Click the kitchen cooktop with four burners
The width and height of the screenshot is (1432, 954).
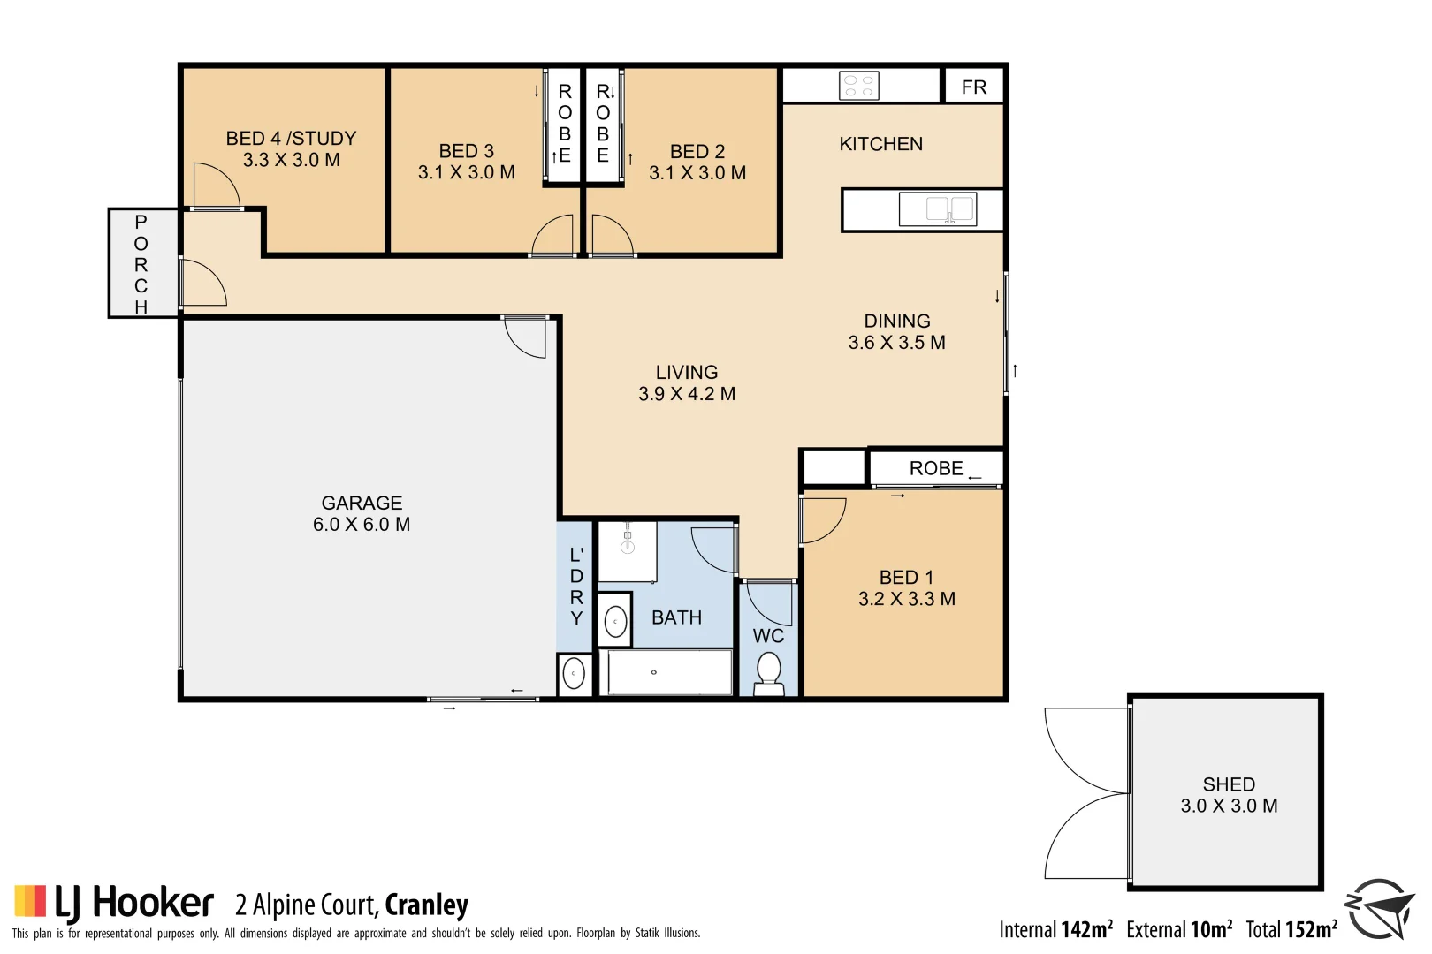point(858,86)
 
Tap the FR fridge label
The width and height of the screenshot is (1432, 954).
point(973,87)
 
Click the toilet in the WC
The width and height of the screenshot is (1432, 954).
point(769,673)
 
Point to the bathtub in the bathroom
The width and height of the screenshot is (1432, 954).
point(666,672)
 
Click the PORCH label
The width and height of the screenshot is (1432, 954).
point(141,263)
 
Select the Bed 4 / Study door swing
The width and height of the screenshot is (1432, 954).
point(215,186)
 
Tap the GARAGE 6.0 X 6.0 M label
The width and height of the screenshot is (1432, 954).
point(362,513)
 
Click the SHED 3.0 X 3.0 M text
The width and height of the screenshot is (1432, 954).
point(1229,795)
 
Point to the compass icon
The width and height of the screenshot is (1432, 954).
point(1379,908)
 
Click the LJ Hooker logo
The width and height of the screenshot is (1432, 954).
point(114,903)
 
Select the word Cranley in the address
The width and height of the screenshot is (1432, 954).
point(427,905)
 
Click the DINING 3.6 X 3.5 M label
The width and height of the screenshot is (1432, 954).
point(896,332)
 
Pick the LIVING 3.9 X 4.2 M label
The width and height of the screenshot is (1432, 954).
point(687,383)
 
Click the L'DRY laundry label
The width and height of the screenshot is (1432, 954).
point(576,587)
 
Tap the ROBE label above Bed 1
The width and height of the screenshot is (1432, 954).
point(936,468)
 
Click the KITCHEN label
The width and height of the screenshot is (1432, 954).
point(880,144)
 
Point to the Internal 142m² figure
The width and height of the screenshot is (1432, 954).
point(1055,929)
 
